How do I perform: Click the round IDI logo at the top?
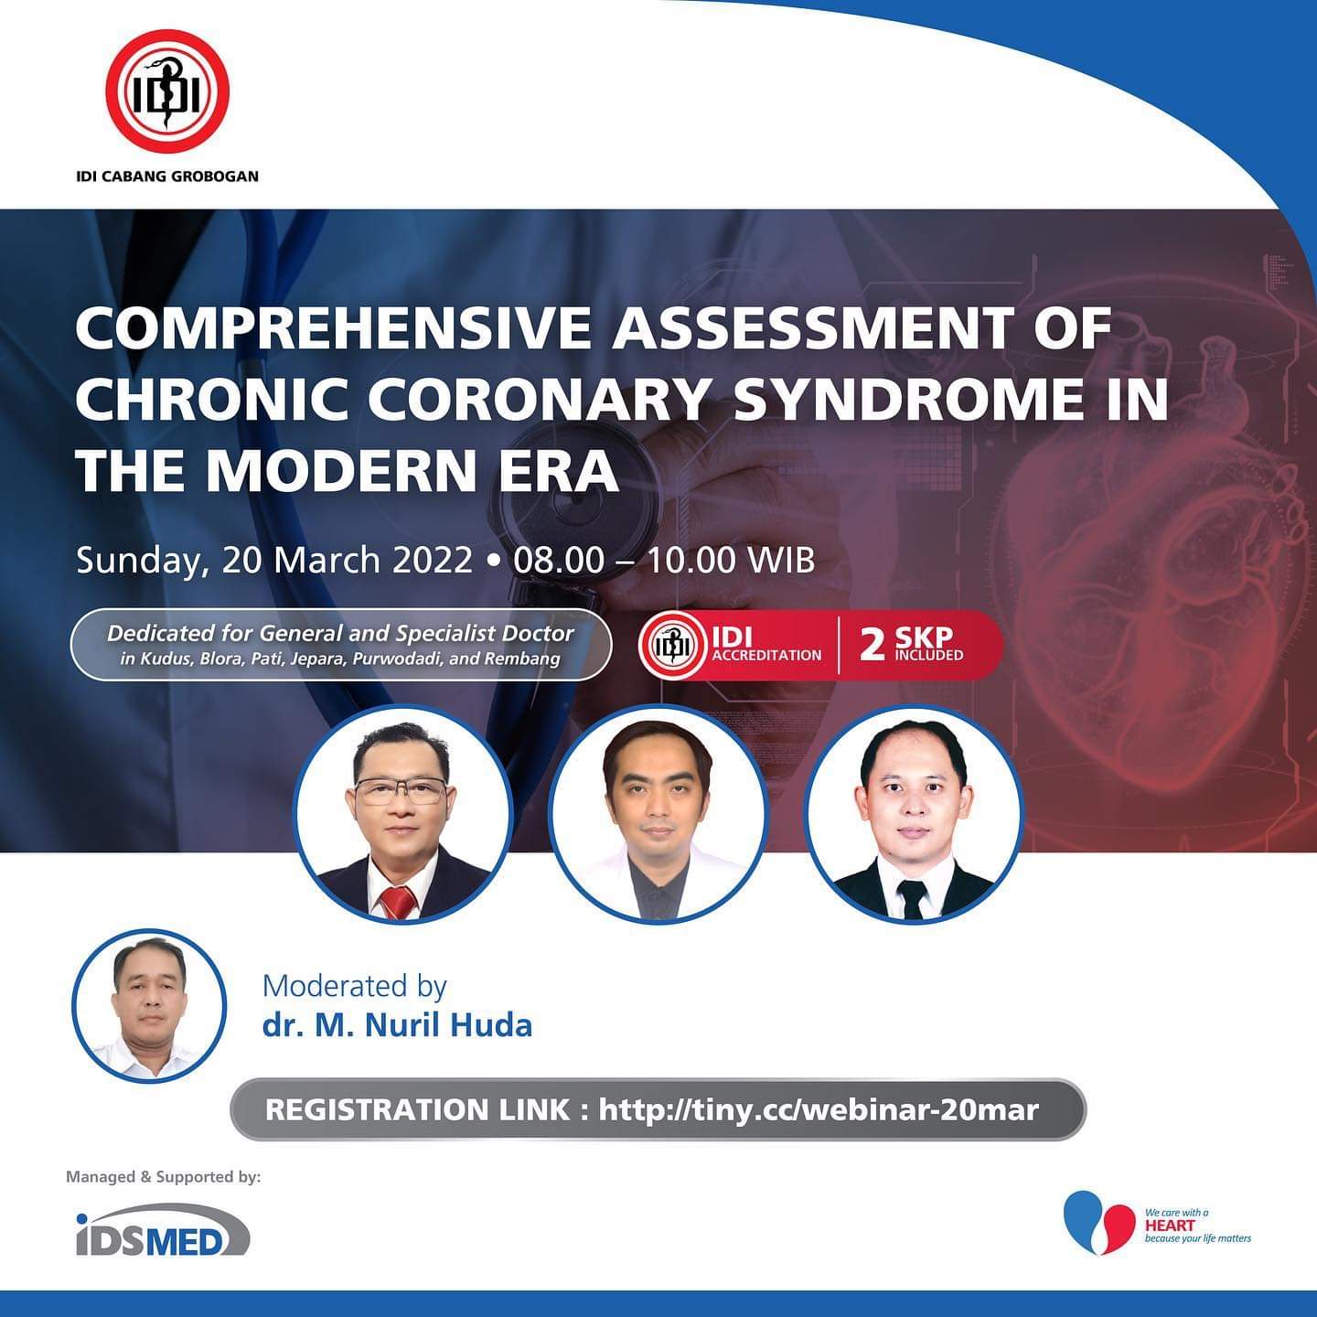(x=166, y=92)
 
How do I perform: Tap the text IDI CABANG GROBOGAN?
(x=167, y=177)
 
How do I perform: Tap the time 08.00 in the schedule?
(x=559, y=560)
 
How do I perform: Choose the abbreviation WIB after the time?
(x=782, y=560)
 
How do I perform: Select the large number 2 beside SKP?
(x=873, y=645)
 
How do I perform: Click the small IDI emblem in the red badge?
(x=672, y=645)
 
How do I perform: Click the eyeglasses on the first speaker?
(x=402, y=791)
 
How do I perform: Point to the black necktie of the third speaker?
(x=912, y=900)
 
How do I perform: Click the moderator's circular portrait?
(x=149, y=1005)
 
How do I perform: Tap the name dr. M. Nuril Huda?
(x=397, y=1026)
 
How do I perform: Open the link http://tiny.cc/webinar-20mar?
(x=819, y=1109)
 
